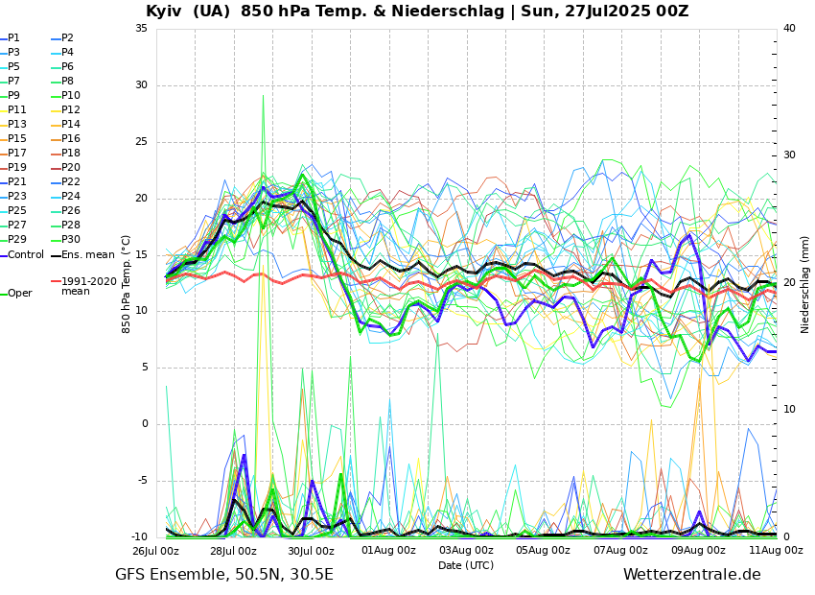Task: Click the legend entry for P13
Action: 17,125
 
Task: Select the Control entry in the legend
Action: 25,255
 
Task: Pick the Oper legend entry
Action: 19,294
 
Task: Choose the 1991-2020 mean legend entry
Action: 88,286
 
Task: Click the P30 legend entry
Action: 71,240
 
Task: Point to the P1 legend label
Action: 13,38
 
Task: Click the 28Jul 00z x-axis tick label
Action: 233,551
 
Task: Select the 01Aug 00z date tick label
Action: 388,551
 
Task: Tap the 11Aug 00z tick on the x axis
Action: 776,551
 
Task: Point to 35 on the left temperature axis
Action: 142,29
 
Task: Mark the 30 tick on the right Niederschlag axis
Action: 789,155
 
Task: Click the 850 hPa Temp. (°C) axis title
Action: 127,284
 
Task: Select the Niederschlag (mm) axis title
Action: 805,284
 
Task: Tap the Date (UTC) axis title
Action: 466,566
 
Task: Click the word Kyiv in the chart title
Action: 165,12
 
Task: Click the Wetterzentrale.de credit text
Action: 691,575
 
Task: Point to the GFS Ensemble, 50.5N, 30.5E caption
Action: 224,575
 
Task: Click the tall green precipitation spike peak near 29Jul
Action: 263,95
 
